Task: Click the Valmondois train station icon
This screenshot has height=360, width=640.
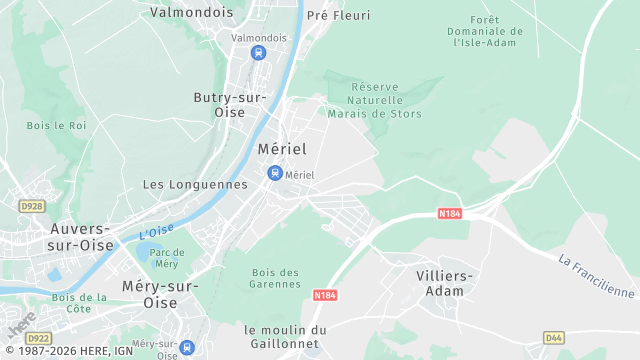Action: (258, 53)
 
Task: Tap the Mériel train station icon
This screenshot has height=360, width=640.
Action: (274, 174)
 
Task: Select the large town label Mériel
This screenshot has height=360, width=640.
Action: (282, 148)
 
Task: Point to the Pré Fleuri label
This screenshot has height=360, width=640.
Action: (338, 15)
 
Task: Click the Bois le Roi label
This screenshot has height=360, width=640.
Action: (57, 125)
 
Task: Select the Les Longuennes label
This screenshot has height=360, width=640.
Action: (195, 184)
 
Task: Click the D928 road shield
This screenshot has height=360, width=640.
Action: (32, 206)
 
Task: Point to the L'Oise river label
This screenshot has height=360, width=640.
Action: (157, 233)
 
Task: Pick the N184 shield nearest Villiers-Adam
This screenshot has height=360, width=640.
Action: (449, 213)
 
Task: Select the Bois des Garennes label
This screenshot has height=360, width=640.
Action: (276, 279)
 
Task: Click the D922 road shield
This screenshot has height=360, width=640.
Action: (38, 338)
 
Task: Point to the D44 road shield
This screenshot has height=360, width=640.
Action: (553, 338)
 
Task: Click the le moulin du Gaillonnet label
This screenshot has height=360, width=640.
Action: (285, 337)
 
